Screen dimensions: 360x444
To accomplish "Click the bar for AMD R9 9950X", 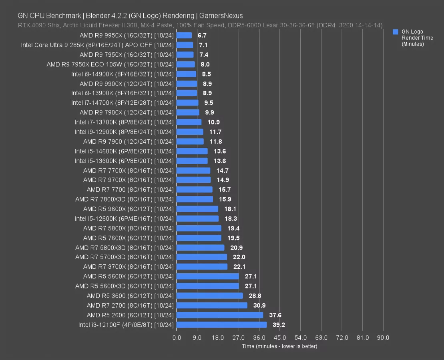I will tap(184, 35).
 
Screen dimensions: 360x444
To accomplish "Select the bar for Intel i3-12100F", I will tap(221, 325).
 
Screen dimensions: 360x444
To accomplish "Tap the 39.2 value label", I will tap(279, 325).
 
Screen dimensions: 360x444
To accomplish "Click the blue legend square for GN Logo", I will tap(396, 32).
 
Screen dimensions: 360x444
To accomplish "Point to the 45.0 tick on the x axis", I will tap(280, 338).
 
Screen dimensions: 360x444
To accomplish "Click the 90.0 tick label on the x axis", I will tap(383, 338).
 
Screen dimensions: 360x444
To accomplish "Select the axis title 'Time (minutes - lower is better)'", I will tap(279, 346).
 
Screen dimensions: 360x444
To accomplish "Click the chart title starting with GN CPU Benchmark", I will tap(130, 16).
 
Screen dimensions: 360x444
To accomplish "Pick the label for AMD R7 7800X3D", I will tap(125, 199).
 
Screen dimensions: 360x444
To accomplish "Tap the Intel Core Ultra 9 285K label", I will tap(97, 45).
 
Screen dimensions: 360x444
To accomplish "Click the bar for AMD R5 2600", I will tap(220, 315).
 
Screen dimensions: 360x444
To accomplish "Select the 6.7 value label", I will tap(202, 35).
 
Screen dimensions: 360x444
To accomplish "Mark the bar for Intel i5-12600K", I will tap(197, 218).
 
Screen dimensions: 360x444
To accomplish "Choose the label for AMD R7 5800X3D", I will tap(125, 248).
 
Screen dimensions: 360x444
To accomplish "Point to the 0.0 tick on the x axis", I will tap(177, 338).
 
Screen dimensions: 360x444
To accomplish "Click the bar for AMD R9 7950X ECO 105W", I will tap(185, 64).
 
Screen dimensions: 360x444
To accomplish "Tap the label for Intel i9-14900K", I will tap(123, 74).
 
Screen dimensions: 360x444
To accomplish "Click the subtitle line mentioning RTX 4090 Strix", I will tap(200, 25).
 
